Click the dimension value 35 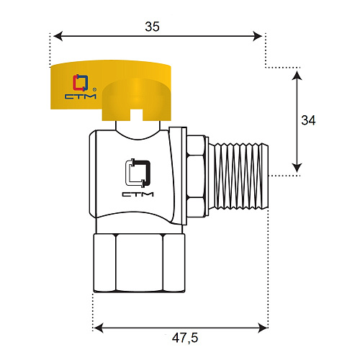coord(152,27)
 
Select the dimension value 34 coord(308,120)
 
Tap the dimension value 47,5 coord(185,338)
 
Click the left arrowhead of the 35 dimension coord(58,36)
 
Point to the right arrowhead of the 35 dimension coord(257,36)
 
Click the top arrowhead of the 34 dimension coord(297,76)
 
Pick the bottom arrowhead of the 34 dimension coord(297,168)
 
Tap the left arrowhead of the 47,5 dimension coord(99,328)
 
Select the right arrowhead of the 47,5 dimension coord(263,328)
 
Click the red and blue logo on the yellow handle coord(81,83)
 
